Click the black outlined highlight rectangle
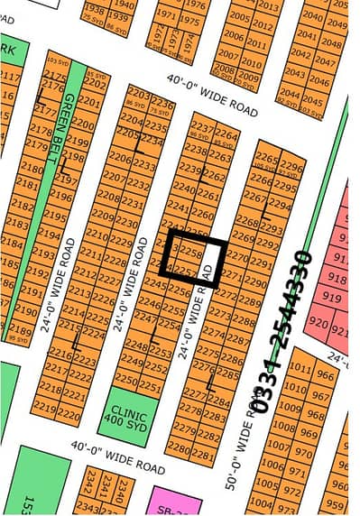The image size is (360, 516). point(192,254)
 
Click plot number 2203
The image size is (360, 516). point(138,93)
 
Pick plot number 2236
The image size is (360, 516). point(162,103)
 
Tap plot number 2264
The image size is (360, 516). point(227,135)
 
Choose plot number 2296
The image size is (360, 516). point(291,166)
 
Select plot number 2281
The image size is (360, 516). point(204,447)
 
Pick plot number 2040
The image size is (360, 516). point(312,15)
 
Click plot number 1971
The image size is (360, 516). point(165,15)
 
